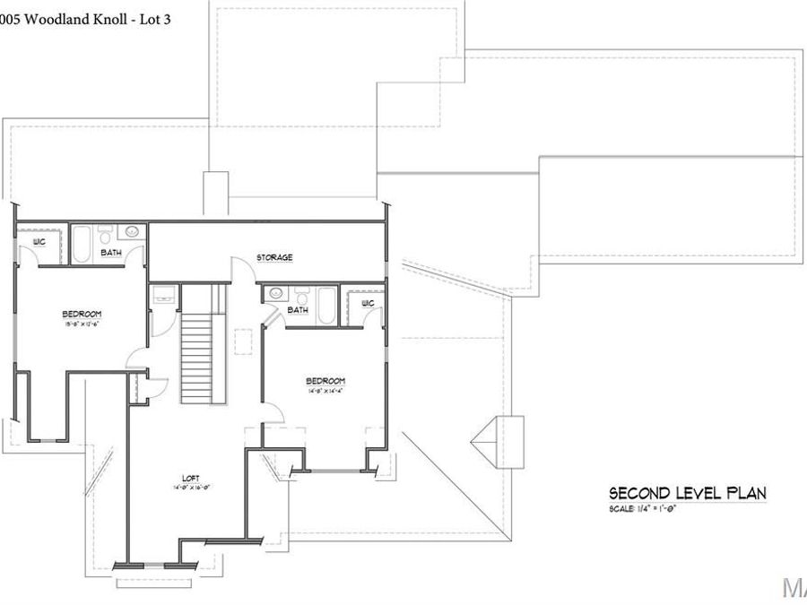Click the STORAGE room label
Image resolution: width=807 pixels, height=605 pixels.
pos(274,258)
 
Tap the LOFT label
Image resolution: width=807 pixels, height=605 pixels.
pos(190,479)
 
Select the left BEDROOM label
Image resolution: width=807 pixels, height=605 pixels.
pos(82,314)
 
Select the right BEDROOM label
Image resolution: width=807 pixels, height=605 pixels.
pos(325,381)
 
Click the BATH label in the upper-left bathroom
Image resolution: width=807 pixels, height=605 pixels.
pos(111,254)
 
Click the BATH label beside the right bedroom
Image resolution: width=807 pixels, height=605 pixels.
pos(298,310)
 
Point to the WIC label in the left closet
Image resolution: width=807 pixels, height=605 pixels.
pos(39,242)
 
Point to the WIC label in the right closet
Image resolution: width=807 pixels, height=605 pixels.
pos(368,304)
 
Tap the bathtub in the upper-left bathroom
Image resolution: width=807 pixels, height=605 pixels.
pos(82,244)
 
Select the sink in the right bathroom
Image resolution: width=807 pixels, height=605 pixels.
pos(276,292)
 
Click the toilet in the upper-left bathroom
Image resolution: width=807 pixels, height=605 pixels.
pos(106,236)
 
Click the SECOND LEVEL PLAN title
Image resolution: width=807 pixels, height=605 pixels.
pos(687,493)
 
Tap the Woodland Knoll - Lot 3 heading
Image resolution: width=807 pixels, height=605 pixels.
pos(85,19)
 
